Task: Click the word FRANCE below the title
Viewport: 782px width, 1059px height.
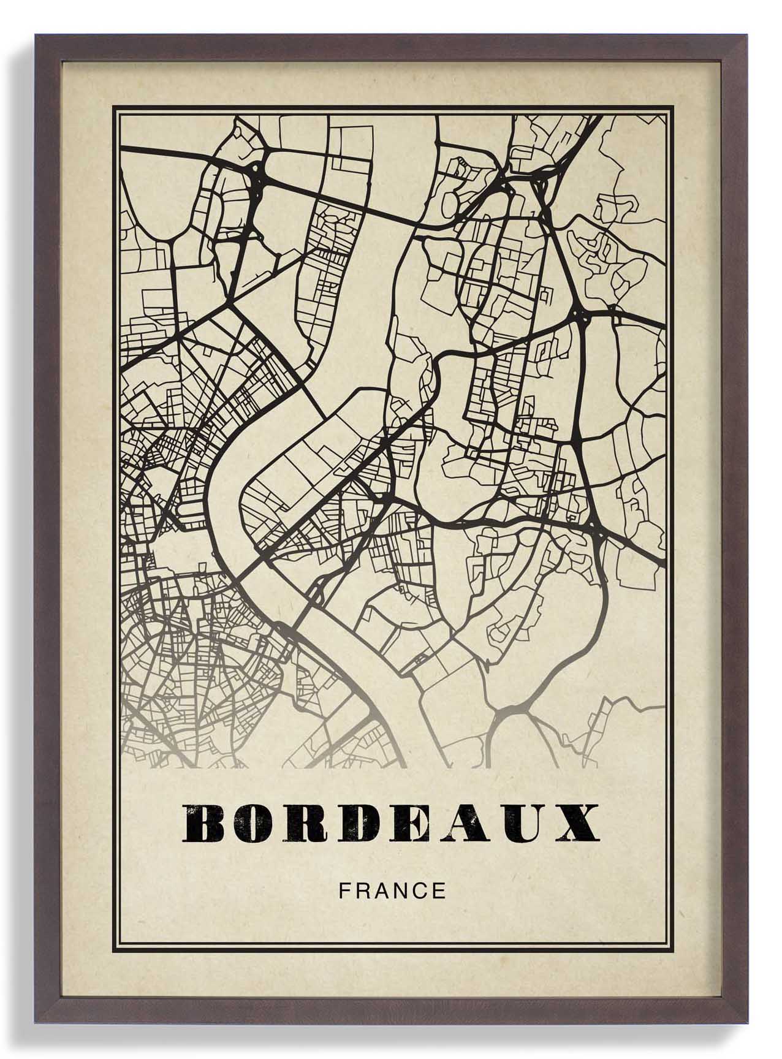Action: click(x=393, y=890)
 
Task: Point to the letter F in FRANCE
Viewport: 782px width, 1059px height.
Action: click(x=344, y=890)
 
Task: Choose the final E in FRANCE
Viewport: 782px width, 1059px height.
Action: click(x=439, y=890)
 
